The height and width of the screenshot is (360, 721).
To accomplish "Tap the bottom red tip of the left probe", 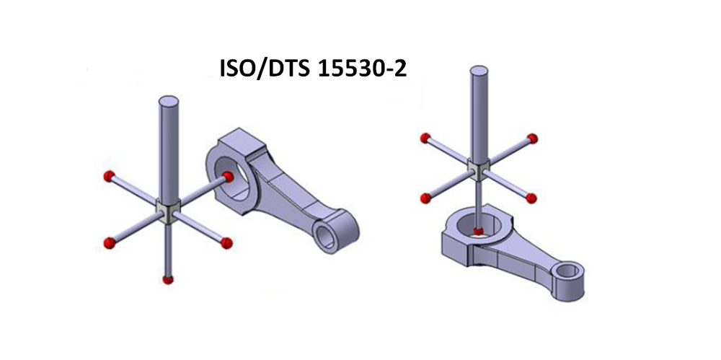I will click(168, 279).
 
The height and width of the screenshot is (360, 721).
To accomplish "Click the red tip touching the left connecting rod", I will click(228, 176).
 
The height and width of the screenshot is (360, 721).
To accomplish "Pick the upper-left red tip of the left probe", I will click(109, 175).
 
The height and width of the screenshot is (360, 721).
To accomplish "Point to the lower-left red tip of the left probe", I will click(110, 240).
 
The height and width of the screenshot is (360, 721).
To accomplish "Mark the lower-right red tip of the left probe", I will click(226, 242).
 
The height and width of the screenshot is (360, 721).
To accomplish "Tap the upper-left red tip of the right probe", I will click(425, 138).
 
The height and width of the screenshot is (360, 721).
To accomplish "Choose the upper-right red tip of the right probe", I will click(533, 137).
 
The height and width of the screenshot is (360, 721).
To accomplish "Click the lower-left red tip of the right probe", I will click(425, 195).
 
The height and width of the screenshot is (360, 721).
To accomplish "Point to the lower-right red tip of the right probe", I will click(533, 197).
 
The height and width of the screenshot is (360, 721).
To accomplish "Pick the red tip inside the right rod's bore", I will click(478, 231).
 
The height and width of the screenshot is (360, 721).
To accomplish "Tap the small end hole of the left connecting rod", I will click(329, 232).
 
